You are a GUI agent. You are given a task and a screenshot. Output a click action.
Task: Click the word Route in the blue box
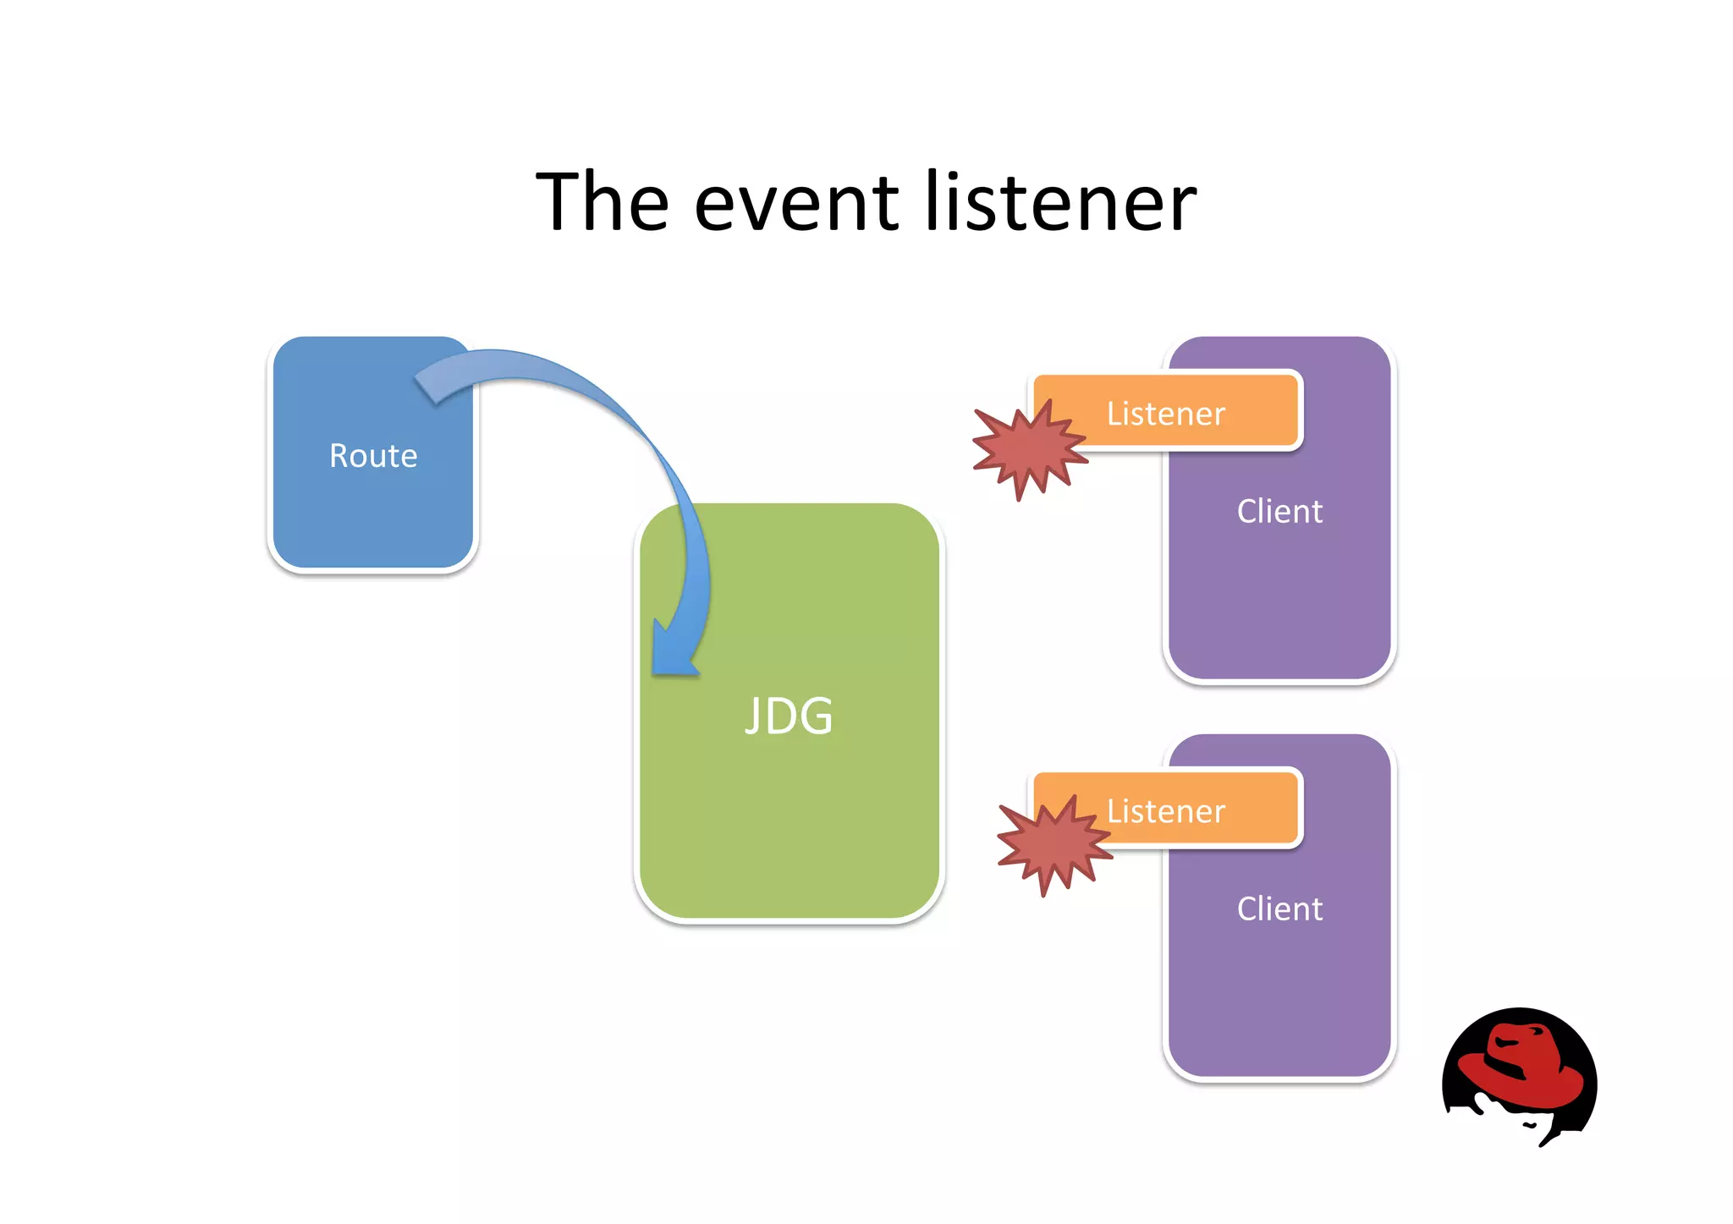[373, 456]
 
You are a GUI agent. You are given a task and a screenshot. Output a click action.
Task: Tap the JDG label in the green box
[789, 716]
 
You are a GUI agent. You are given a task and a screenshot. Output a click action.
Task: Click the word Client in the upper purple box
[1279, 511]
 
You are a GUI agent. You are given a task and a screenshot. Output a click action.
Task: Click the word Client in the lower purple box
[1279, 908]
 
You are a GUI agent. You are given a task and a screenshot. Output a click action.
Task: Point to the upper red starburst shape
[1028, 448]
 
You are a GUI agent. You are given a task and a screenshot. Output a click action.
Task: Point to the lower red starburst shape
[1053, 844]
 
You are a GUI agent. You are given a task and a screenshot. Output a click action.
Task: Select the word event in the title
[796, 203]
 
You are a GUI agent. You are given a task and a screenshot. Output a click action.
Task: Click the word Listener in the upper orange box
[1165, 414]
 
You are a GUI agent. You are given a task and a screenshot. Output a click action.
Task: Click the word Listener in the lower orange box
[1165, 811]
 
